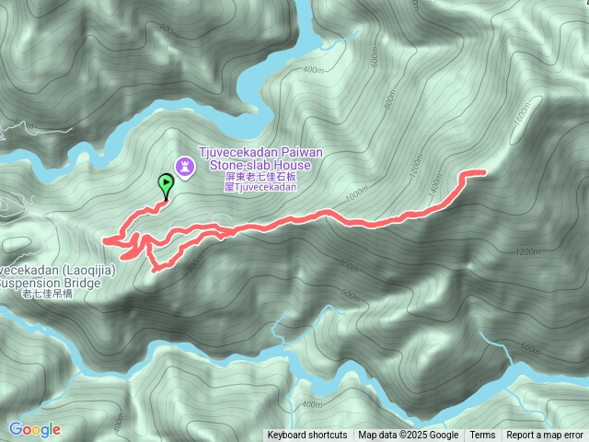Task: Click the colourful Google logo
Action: (x=35, y=429)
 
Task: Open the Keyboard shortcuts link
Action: (x=307, y=436)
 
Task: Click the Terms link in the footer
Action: (x=482, y=436)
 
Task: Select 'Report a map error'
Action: (x=546, y=436)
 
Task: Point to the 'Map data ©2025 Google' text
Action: (x=409, y=436)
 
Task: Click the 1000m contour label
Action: (x=355, y=196)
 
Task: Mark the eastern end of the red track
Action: (x=483, y=172)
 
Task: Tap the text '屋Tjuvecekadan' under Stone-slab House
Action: (x=261, y=186)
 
